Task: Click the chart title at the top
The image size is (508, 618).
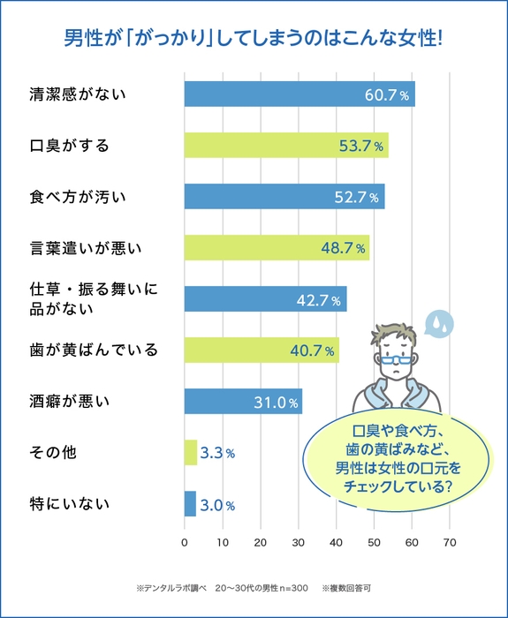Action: click(254, 40)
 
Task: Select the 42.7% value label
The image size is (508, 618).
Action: click(318, 300)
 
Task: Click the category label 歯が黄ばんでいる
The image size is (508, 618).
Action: click(94, 350)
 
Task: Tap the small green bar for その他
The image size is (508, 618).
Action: click(190, 453)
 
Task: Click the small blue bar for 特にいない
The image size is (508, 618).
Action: click(190, 504)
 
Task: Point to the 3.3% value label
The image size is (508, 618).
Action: click(217, 454)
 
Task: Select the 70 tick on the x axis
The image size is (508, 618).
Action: click(450, 543)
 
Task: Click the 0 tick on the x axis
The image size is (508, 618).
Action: click(184, 543)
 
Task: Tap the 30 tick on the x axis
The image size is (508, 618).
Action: click(298, 543)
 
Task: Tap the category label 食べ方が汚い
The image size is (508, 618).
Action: click(78, 197)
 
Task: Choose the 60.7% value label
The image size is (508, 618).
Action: click(387, 94)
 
